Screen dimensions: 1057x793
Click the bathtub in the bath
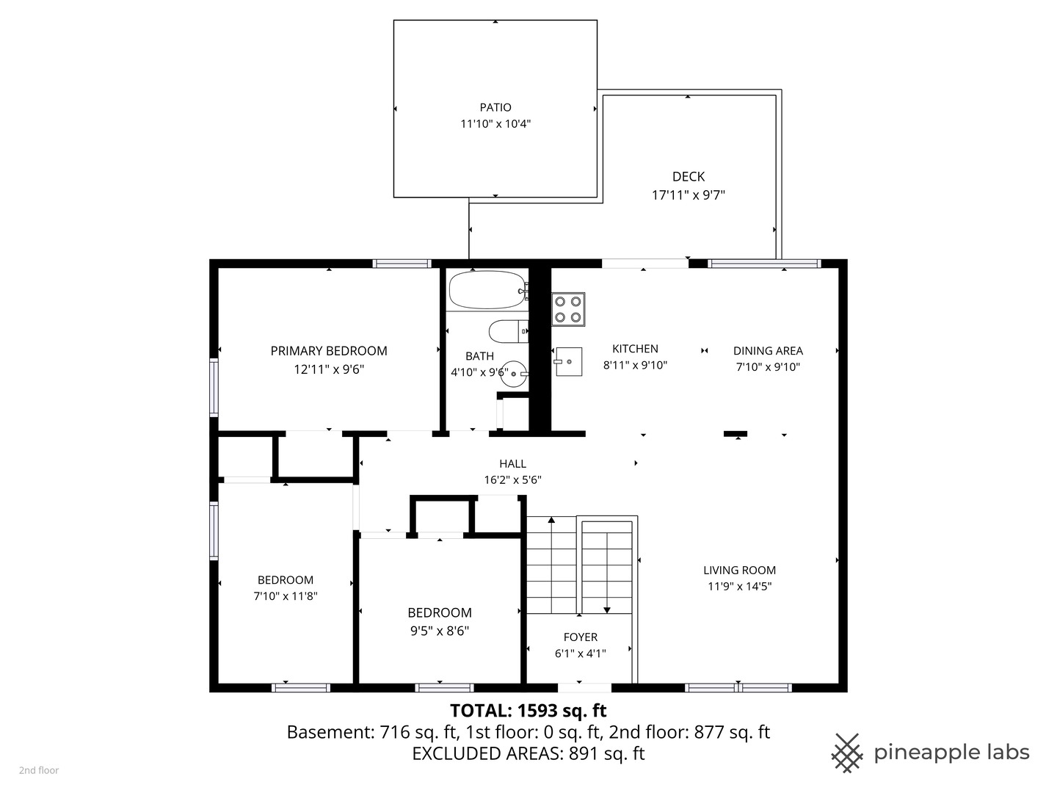pos(487,290)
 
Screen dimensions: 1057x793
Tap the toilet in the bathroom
pos(508,331)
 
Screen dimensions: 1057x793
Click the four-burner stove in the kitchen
pos(568,309)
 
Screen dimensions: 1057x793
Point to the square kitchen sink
pos(568,361)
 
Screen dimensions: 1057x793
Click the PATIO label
pos(495,107)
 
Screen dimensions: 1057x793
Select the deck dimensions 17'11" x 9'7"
pos(688,195)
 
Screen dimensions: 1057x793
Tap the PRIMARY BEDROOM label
pos(329,351)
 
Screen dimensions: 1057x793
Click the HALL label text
pos(512,463)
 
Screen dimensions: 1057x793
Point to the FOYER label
pos(581,637)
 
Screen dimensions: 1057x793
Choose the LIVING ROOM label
pos(740,570)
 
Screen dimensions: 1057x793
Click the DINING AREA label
pos(768,350)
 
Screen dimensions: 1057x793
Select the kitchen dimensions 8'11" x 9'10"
pos(635,365)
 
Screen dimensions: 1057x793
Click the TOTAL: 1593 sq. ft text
pos(528,710)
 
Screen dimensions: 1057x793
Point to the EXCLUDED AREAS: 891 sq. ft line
pos(528,753)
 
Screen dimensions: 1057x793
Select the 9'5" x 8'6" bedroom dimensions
pos(439,631)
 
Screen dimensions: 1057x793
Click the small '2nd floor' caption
pos(38,770)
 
